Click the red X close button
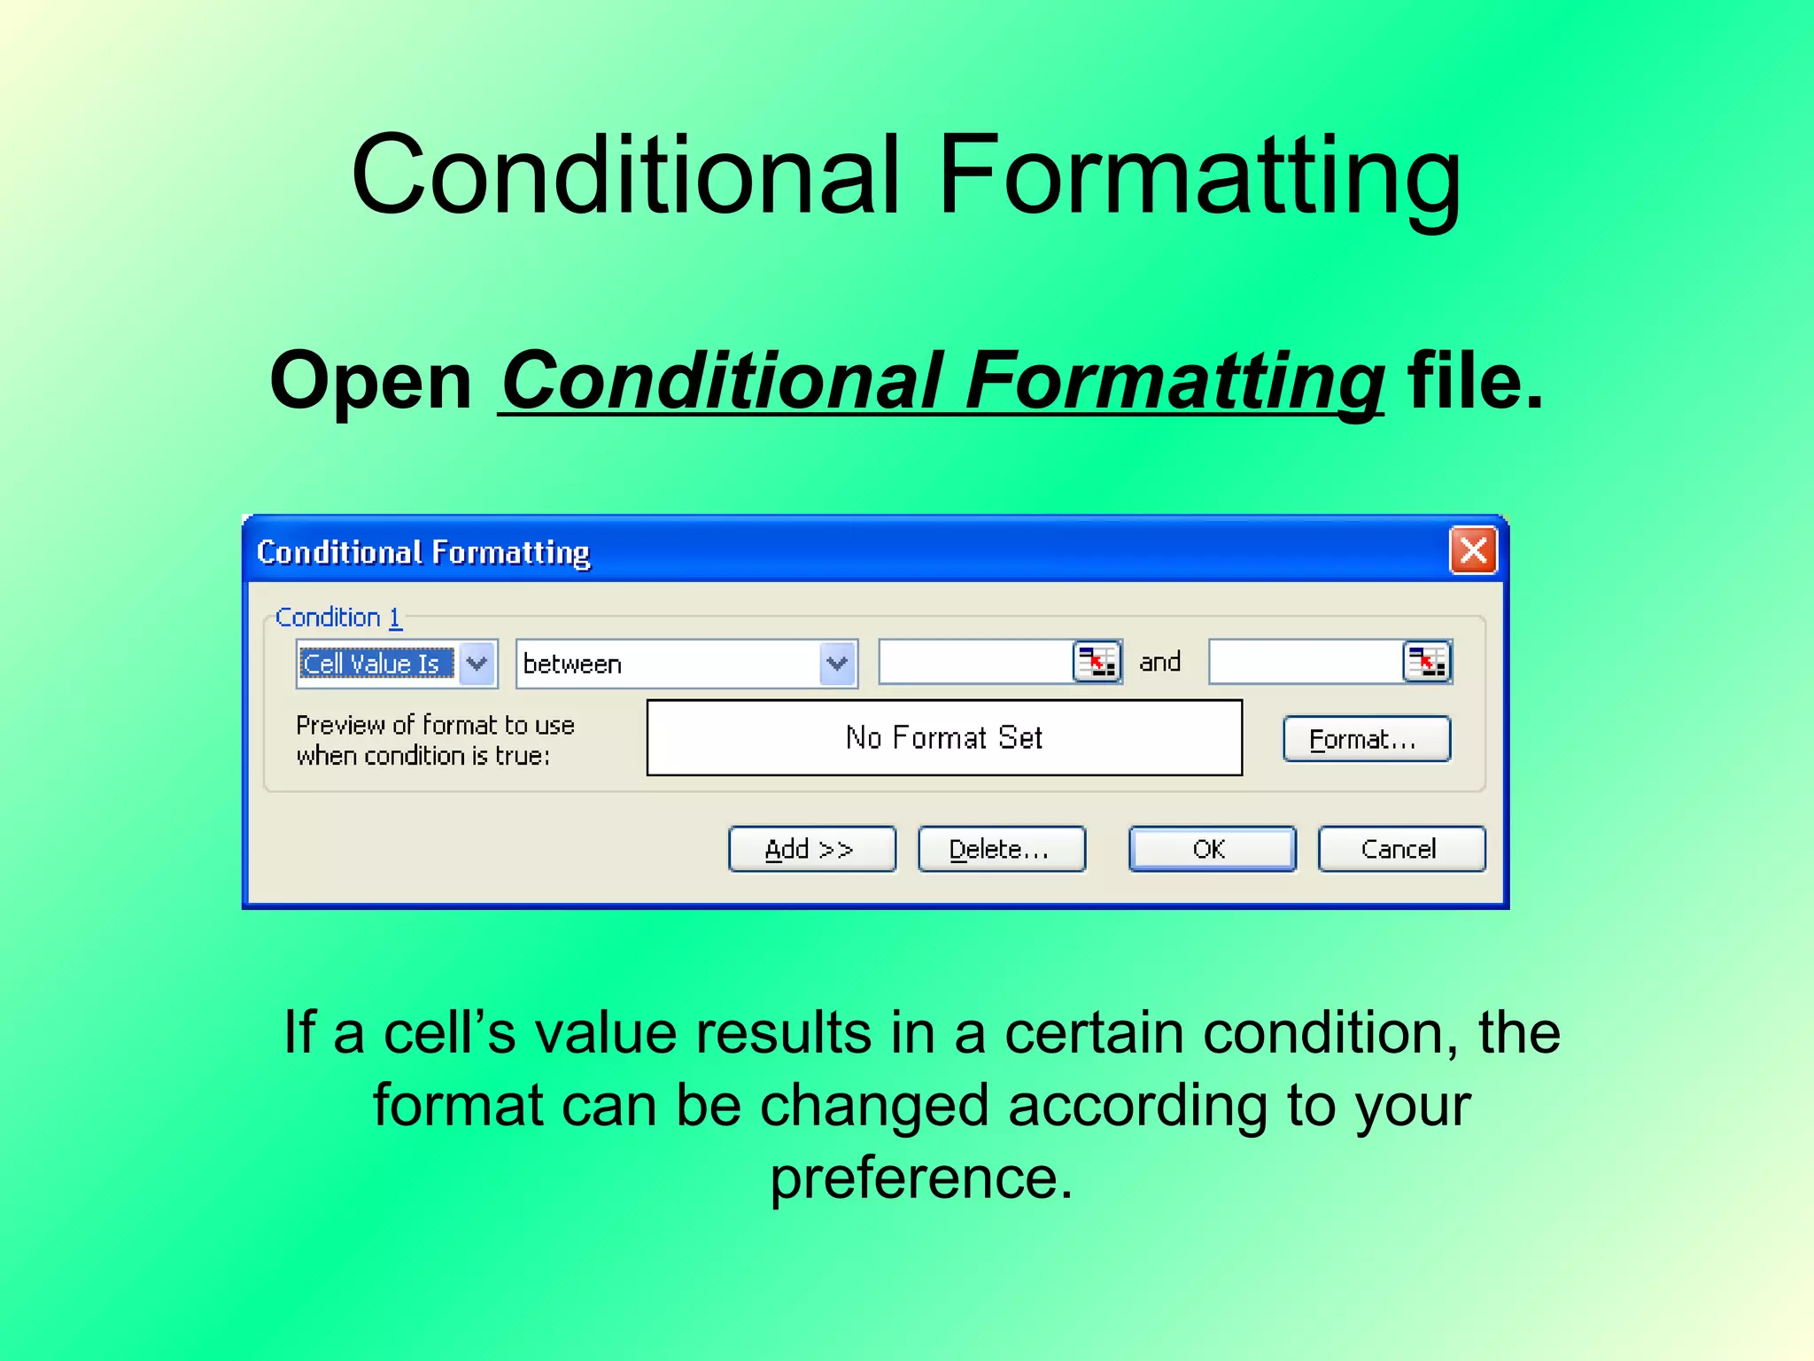[x=1472, y=550]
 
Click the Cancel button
[x=1400, y=849]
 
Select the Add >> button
[x=811, y=849]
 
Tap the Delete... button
[x=1001, y=849]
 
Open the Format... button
[x=1366, y=739]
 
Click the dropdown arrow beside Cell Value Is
[x=477, y=663]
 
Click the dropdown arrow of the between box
[x=837, y=663]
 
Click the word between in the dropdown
[x=573, y=664]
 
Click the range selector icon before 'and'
[x=1097, y=661]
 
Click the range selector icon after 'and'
[x=1426, y=661]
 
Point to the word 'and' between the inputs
[x=1159, y=662]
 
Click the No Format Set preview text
[x=944, y=737]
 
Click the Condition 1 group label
[x=338, y=617]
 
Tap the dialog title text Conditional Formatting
[x=423, y=552]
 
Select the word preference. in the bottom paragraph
[x=921, y=1178]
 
